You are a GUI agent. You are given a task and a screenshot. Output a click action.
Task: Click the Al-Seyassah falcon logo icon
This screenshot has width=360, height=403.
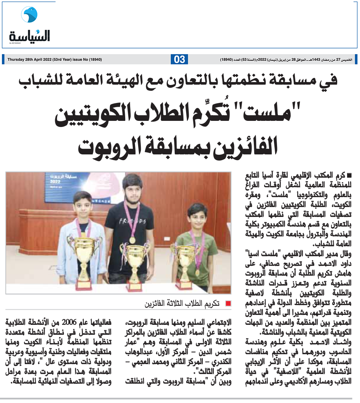(29, 15)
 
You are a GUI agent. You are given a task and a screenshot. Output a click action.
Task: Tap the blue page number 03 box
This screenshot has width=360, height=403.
(180, 59)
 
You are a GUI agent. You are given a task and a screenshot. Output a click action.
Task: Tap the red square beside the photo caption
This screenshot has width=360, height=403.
(228, 304)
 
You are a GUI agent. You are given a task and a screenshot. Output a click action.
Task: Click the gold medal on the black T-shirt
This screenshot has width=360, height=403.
(132, 240)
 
